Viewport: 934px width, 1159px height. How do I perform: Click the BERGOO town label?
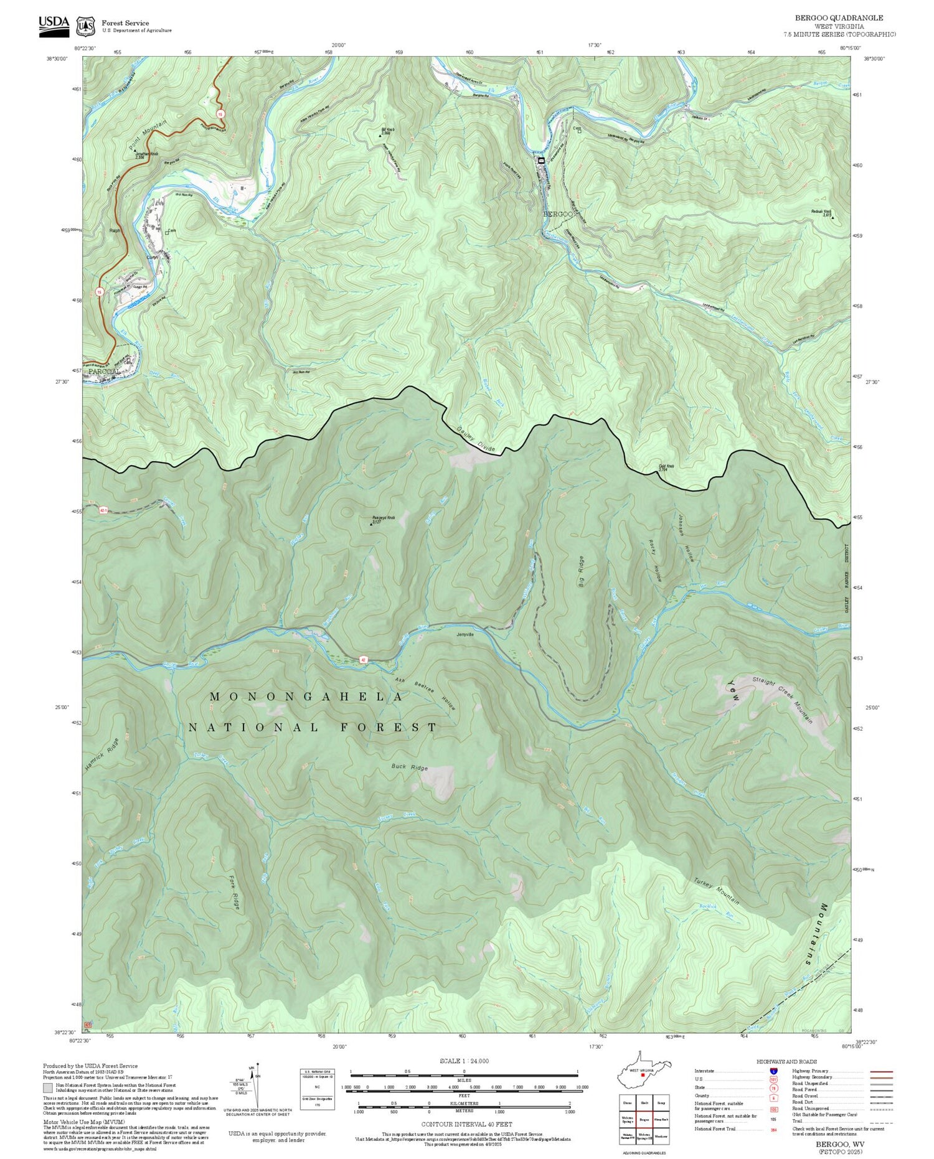point(557,214)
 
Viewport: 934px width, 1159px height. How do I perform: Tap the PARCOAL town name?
point(104,372)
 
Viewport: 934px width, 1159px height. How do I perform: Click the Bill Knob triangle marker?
point(381,136)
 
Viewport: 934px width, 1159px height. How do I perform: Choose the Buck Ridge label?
point(410,767)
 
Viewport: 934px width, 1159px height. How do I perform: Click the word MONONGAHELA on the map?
point(307,697)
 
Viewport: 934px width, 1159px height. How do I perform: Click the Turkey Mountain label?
point(717,891)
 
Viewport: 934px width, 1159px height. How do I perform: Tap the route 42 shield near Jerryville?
point(362,659)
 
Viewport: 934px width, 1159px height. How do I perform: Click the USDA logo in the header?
point(54,25)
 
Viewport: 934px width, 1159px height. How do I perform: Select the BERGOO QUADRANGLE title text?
point(839,18)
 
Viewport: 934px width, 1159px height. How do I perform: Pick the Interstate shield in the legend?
point(773,1071)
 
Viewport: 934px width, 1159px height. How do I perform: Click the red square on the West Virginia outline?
point(643,1074)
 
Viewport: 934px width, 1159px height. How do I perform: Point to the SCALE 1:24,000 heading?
point(464,1061)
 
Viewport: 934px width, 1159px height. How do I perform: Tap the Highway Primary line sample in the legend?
point(879,1071)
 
